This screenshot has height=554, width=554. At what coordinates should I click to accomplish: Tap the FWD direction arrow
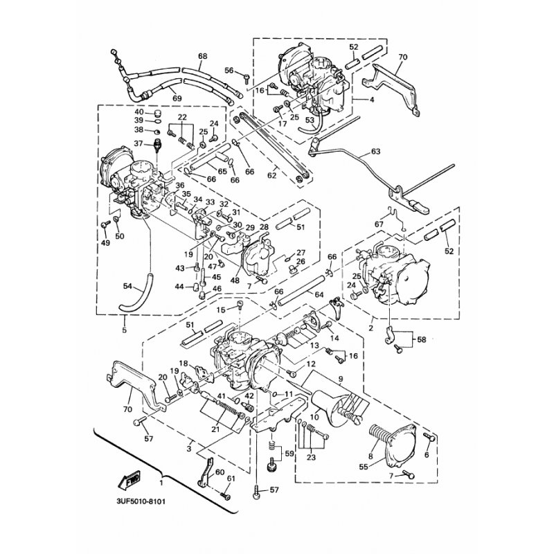tap(130, 477)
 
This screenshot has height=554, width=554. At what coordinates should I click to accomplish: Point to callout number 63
tap(376, 150)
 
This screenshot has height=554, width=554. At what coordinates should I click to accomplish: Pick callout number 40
tap(138, 112)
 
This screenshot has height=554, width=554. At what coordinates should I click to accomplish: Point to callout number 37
tap(138, 144)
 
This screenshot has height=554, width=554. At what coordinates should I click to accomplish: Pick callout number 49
tap(105, 243)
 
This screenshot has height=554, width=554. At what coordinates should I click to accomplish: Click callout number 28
tap(264, 227)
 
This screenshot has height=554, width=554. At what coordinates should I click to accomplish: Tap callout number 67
tap(379, 224)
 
